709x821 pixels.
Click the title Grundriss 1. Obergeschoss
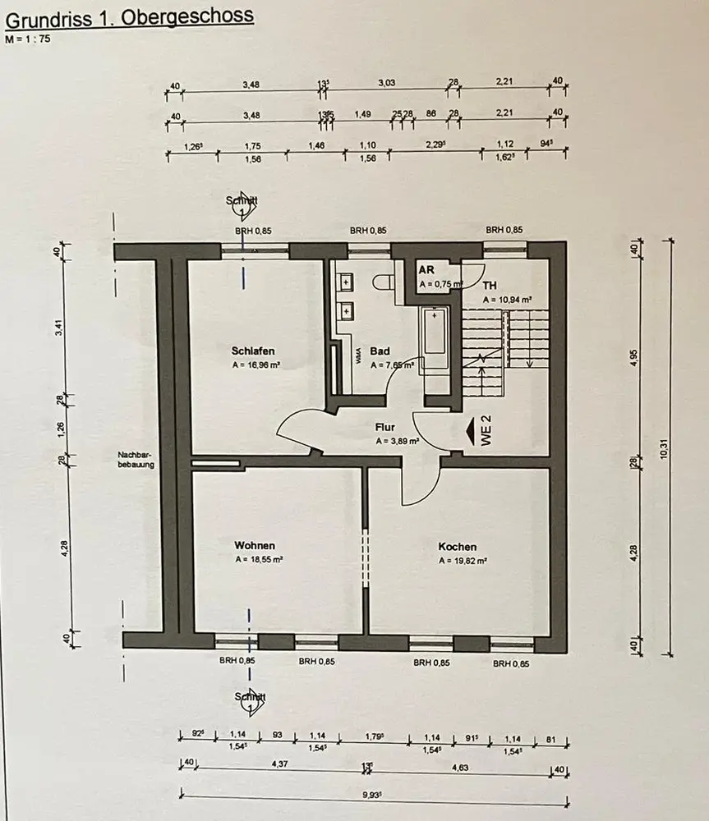(130, 16)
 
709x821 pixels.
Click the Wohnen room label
(255, 545)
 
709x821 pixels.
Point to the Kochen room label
(458, 547)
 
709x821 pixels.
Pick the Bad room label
(380, 350)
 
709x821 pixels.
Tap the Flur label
(385, 427)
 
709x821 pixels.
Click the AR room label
(426, 270)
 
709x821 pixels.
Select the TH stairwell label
(490, 286)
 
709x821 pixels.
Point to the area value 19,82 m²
(463, 562)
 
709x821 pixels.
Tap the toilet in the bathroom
(383, 282)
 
